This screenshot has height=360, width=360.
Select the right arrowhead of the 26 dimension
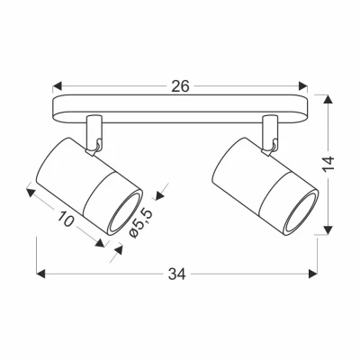click(x=302, y=87)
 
